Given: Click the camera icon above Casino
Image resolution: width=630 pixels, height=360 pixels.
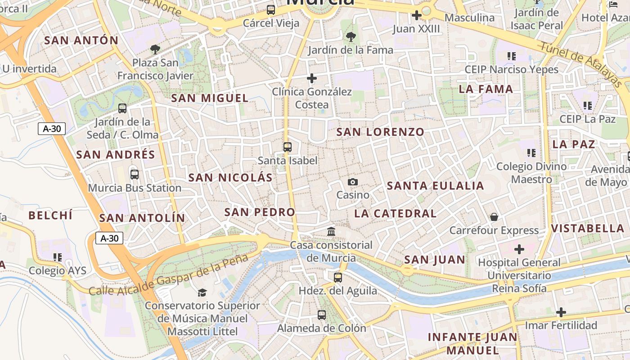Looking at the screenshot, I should (353, 182).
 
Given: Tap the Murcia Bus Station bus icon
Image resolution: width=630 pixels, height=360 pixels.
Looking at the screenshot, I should (134, 175).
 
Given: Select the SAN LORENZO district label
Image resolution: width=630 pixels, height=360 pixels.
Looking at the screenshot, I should (380, 132).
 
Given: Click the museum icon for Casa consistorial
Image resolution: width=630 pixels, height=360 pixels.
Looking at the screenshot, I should (332, 232).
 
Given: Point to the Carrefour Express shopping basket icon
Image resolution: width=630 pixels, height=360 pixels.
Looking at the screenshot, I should (494, 217).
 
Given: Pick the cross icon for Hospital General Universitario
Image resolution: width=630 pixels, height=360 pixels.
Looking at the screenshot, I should (519, 249).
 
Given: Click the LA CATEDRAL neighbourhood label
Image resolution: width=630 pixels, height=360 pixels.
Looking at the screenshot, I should (396, 213).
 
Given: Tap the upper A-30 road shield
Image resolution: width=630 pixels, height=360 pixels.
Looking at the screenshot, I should (52, 129).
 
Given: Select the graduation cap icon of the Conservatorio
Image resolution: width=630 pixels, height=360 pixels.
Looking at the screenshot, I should (202, 292).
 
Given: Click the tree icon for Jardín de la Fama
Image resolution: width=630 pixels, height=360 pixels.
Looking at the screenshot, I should (351, 36).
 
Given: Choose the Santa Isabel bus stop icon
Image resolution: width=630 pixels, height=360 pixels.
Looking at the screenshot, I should (288, 147).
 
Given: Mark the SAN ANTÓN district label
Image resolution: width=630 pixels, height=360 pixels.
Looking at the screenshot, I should (81, 40).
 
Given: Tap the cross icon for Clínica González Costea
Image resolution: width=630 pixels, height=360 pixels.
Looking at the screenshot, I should (312, 79).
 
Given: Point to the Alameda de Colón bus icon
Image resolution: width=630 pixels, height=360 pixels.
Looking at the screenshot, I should (322, 315).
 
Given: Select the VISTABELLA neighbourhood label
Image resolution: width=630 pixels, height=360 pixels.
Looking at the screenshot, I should (588, 228).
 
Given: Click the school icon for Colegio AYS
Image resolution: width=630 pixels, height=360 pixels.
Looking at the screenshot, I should (58, 257).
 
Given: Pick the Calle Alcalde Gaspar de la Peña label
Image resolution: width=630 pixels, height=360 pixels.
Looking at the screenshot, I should (168, 275).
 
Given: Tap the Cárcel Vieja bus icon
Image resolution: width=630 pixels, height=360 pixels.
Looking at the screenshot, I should (271, 9).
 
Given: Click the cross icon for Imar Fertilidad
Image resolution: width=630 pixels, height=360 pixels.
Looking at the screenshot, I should (561, 312).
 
